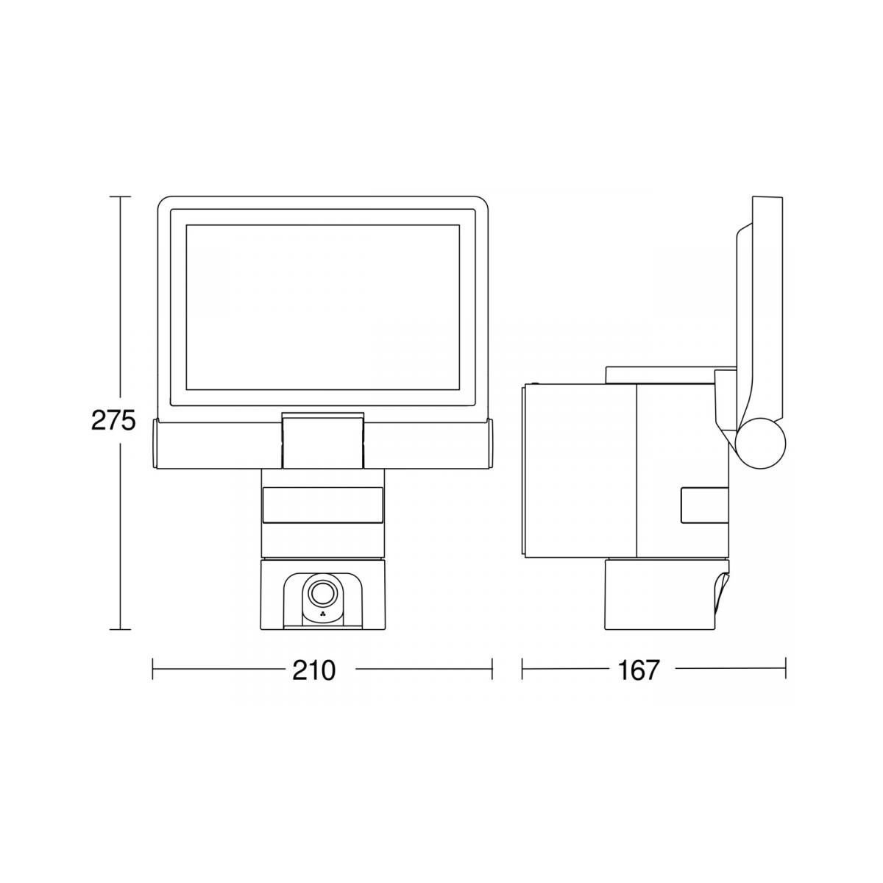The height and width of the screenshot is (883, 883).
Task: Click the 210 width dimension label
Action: coord(315,670)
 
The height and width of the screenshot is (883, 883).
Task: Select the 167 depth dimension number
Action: coord(638,670)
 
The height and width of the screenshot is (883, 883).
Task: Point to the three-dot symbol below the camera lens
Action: coord(322,617)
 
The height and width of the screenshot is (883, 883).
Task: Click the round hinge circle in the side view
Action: coord(760,443)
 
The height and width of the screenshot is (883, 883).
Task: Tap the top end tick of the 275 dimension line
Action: coord(120,196)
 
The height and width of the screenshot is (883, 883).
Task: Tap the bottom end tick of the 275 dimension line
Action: coord(120,630)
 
